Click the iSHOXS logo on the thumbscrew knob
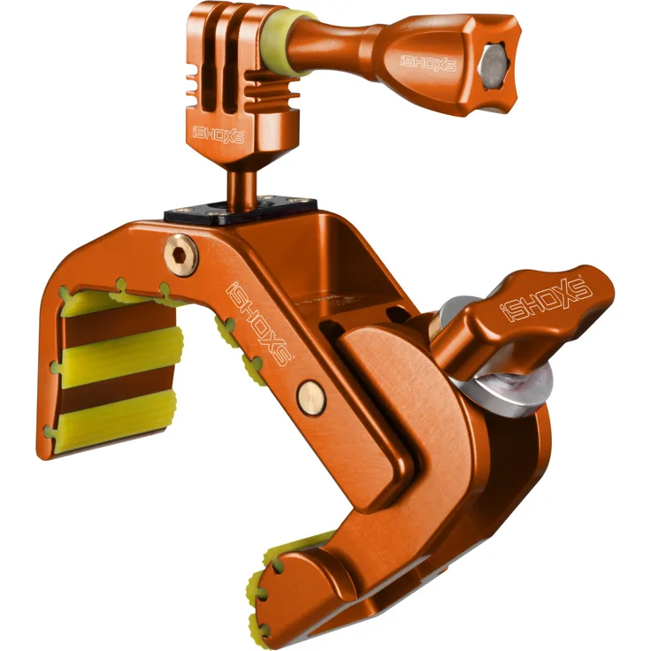(x=428, y=63)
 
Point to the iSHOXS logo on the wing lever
(x=547, y=298)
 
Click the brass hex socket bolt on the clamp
(x=180, y=255)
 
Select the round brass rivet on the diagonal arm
(x=311, y=398)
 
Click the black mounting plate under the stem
(x=241, y=211)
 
